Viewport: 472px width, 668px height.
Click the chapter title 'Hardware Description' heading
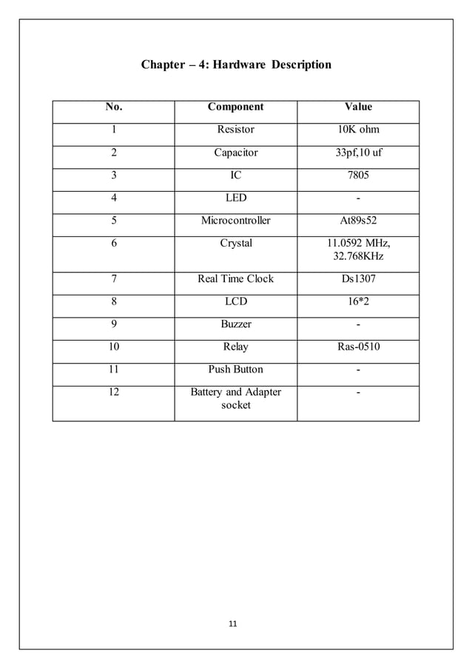236,65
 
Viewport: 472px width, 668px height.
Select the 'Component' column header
235,107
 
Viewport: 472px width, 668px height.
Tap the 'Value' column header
358,107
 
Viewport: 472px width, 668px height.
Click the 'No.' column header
114,107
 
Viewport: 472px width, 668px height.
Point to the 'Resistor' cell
235,130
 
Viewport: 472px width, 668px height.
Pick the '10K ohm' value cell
358,130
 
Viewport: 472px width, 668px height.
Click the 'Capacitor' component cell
235,153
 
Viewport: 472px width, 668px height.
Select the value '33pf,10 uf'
358,153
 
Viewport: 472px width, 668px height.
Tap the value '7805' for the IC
358,176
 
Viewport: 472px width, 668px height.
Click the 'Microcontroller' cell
235,221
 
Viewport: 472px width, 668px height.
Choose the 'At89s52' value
358,221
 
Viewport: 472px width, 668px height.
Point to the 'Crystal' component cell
235,244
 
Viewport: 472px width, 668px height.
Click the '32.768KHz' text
358,257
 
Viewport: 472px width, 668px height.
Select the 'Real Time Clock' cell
235,279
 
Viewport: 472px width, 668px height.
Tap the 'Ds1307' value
358,279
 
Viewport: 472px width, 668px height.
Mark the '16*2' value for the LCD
358,302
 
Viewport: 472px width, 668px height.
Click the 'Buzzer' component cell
235,324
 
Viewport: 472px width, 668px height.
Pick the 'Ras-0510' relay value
358,347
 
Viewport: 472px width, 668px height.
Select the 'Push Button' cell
235,370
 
